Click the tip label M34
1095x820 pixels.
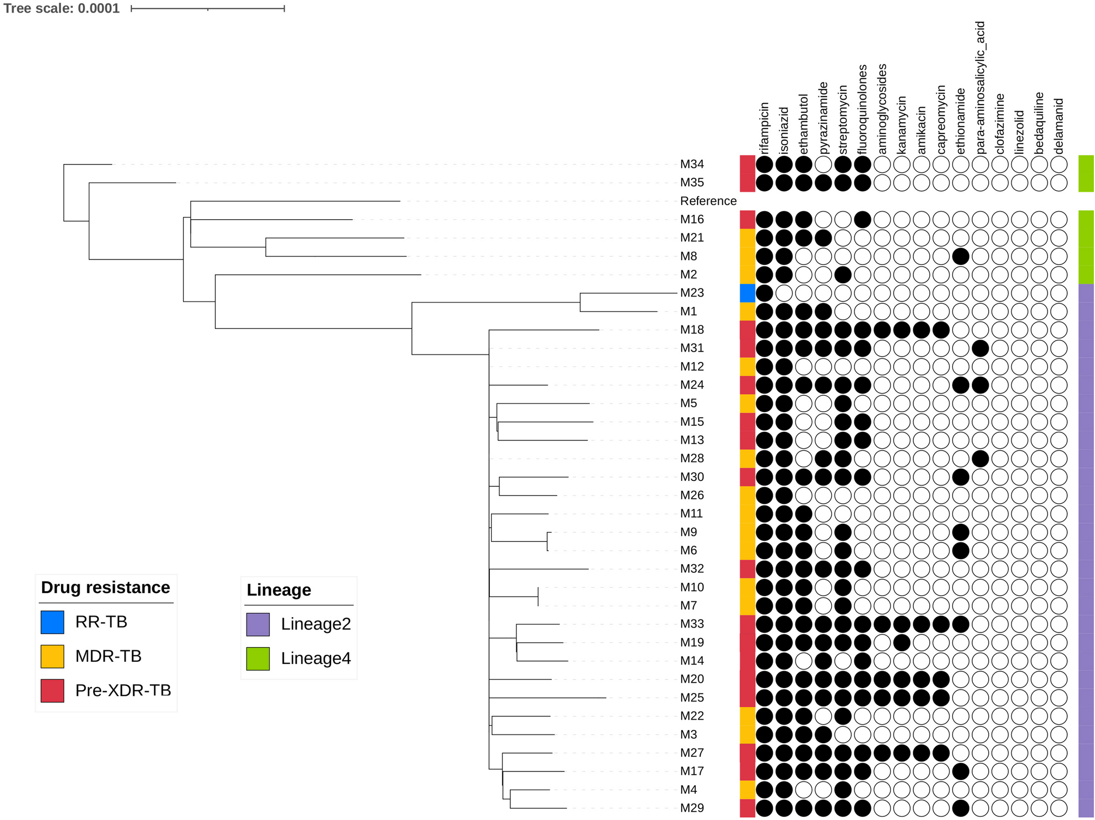point(691,164)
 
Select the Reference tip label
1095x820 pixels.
point(708,201)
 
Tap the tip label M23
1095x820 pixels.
point(691,293)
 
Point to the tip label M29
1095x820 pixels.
point(691,808)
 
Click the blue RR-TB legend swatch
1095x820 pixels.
point(52,622)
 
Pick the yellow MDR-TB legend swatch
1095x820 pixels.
point(52,656)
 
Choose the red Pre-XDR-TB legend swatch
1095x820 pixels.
point(52,691)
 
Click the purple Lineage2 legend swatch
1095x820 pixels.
point(258,624)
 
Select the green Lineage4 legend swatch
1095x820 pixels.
point(258,659)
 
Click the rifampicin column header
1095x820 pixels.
point(765,128)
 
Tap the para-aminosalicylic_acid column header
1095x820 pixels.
point(980,87)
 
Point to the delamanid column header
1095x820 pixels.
point(1058,126)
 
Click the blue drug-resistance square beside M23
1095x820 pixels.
point(748,293)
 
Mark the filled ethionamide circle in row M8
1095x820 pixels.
point(961,256)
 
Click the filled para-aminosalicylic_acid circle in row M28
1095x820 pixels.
point(980,459)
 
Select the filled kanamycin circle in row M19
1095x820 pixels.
point(902,642)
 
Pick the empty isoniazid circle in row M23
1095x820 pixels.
point(784,293)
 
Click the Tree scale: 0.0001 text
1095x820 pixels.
point(62,8)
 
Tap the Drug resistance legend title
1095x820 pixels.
point(105,587)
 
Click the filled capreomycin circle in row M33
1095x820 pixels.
point(941,624)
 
